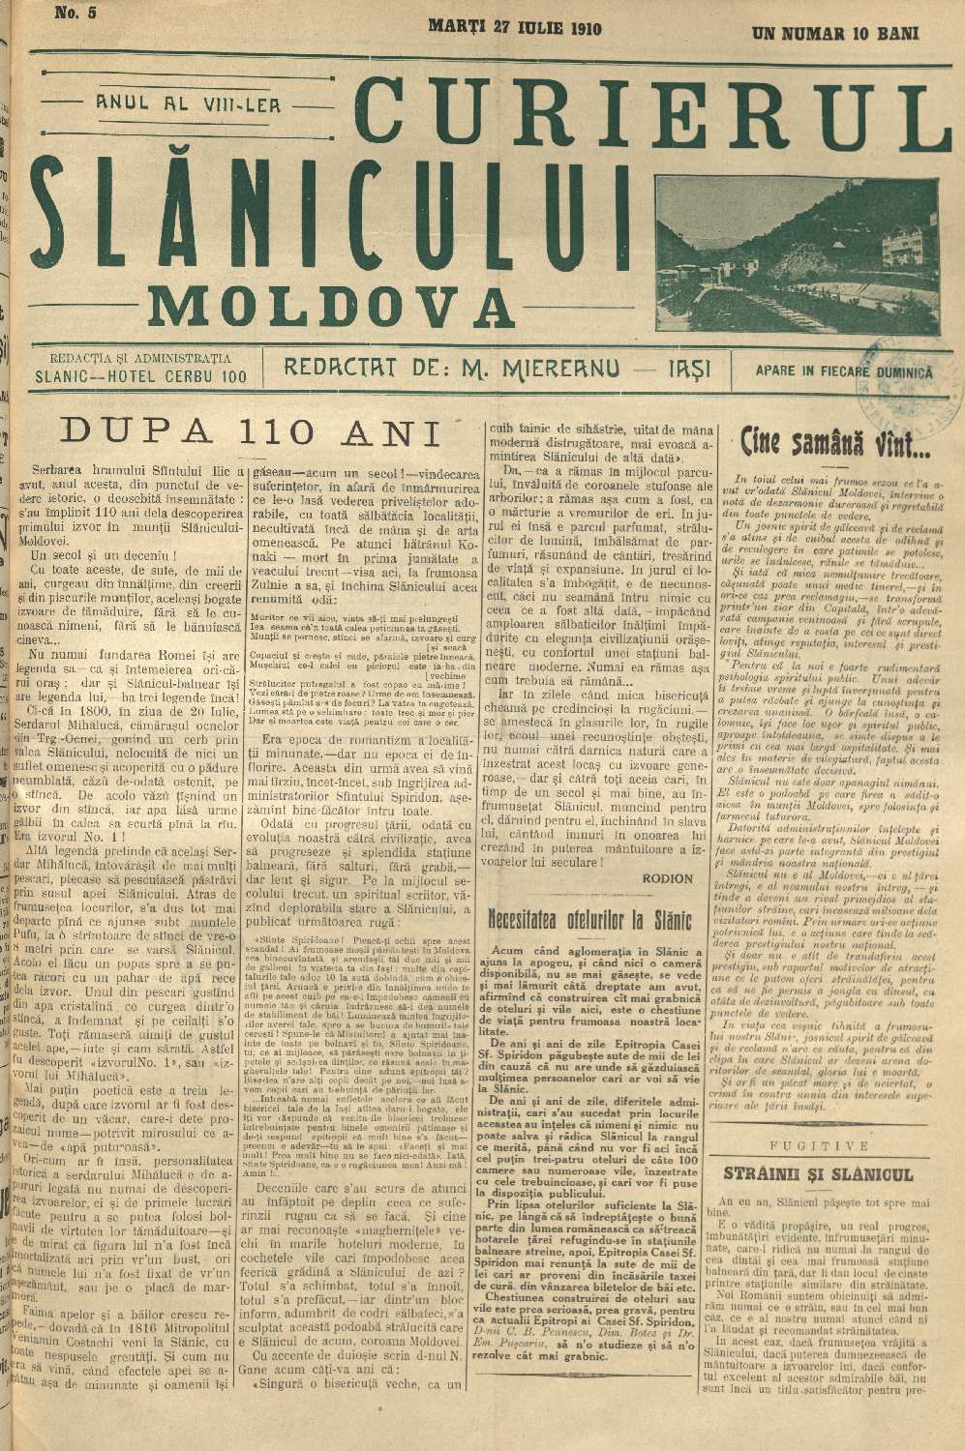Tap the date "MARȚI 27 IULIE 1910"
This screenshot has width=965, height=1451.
tap(514, 28)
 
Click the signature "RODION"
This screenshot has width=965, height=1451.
tap(667, 878)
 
